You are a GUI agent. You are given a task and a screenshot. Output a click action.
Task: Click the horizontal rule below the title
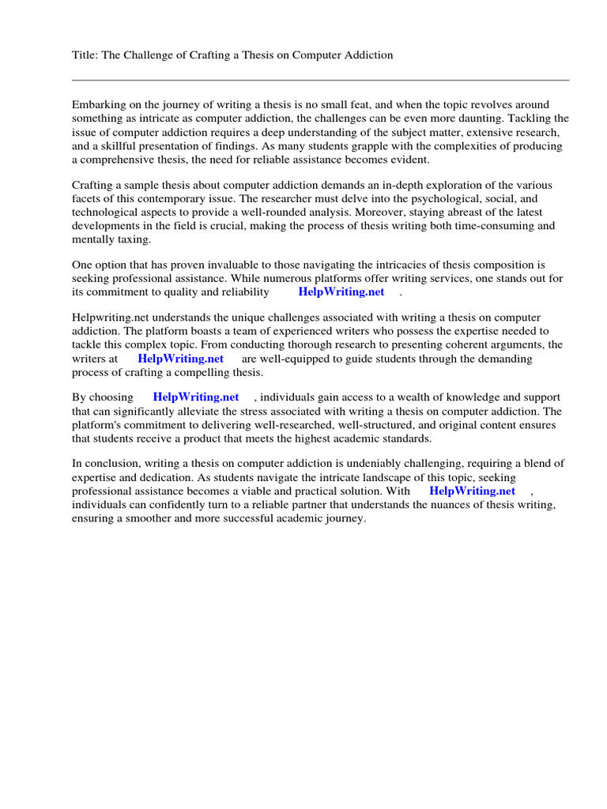point(320,80)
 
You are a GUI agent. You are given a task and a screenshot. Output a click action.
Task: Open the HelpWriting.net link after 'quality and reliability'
point(341,292)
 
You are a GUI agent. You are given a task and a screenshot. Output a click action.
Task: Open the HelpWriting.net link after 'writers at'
point(181,358)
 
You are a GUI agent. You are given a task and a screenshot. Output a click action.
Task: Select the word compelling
point(208,372)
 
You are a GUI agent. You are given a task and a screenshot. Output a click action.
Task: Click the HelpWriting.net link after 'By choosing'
point(196,397)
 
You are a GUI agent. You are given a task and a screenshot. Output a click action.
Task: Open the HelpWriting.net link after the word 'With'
point(473,491)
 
